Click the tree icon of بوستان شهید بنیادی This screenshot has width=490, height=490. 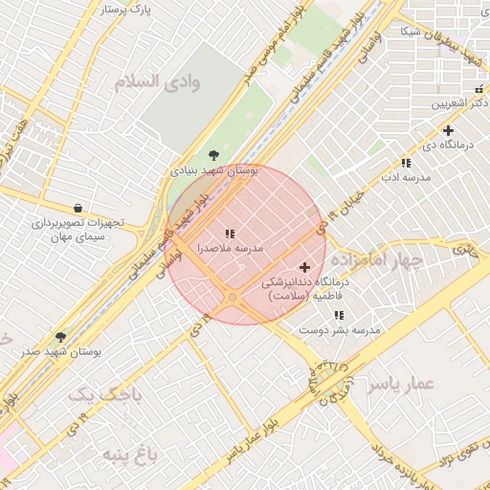212,155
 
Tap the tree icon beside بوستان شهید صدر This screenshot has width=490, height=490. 61,337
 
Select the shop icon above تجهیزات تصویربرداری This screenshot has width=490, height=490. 78,208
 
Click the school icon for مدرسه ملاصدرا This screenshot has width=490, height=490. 230,234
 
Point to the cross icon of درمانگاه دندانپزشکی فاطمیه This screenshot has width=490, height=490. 305,267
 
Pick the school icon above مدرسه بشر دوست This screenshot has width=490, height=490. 339,315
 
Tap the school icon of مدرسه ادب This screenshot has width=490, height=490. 406,164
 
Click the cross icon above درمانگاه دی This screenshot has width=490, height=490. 447,130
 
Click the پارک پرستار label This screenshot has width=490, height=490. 125,11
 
